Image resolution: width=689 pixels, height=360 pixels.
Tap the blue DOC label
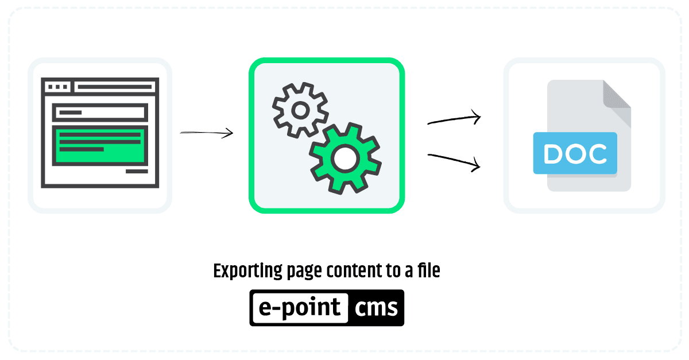pos(575,153)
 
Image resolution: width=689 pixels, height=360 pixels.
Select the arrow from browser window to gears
pos(206,133)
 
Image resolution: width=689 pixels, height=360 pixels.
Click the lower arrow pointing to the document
pos(454,160)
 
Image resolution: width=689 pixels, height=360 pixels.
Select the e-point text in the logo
pos(300,307)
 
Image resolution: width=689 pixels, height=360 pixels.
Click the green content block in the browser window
pos(100,145)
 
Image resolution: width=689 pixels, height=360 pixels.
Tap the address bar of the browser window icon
pos(115,87)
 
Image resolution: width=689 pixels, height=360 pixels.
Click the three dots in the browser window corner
pos(57,87)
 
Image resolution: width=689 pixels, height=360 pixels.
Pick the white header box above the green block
pos(100,113)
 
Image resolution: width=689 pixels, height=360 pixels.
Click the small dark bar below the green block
pos(137,171)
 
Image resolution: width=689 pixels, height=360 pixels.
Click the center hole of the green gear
pos(345,158)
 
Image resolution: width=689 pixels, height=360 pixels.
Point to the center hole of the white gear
pos(300,110)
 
